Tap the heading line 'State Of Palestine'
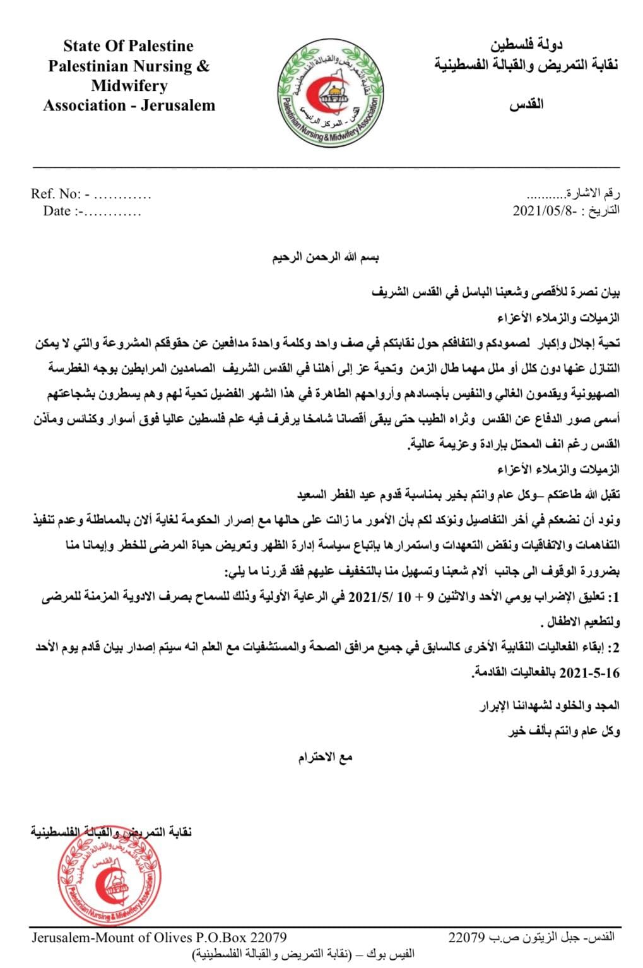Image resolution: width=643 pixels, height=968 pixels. click(x=128, y=46)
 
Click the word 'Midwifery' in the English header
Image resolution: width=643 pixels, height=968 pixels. click(x=129, y=86)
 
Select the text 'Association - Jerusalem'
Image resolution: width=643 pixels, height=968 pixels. click(x=129, y=105)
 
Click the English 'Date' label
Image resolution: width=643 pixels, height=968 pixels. click(x=57, y=211)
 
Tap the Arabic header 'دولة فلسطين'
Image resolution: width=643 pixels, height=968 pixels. click(x=527, y=45)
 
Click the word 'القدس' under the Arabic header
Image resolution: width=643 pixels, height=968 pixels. click(x=526, y=104)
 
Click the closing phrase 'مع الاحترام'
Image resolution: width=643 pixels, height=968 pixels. click(x=325, y=757)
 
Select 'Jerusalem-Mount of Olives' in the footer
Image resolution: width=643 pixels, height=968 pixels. click(x=111, y=937)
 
